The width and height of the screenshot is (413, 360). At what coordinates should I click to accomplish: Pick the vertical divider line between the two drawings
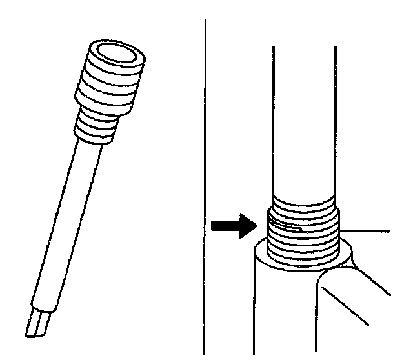[x=206, y=181]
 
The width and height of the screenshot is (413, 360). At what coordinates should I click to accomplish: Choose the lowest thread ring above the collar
[x=303, y=259]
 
